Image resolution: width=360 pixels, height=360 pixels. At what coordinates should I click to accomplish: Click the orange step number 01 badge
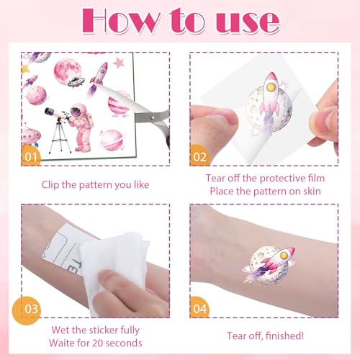[31, 156]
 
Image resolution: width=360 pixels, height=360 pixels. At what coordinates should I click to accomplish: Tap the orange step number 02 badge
[199, 156]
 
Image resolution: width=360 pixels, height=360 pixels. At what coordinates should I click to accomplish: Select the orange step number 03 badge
[27, 310]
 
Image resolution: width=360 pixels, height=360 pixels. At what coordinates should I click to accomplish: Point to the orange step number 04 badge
[199, 307]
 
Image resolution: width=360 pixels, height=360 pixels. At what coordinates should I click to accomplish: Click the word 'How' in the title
[120, 21]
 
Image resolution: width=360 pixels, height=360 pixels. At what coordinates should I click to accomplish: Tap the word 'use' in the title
[248, 23]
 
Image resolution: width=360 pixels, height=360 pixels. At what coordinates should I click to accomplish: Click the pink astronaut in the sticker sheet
[81, 127]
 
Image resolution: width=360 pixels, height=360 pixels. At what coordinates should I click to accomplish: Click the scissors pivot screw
[152, 117]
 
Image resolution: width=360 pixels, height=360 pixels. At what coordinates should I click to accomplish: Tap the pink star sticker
[119, 63]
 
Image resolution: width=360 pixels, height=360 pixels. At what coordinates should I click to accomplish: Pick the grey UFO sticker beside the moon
[76, 82]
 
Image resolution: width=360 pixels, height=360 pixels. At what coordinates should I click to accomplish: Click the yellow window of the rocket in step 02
[271, 87]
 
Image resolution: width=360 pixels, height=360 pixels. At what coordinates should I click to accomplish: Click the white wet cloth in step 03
[115, 266]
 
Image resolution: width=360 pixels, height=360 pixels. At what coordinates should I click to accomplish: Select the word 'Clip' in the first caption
[50, 185]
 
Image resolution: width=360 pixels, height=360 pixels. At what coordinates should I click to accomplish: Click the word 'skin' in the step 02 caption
[312, 192]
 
